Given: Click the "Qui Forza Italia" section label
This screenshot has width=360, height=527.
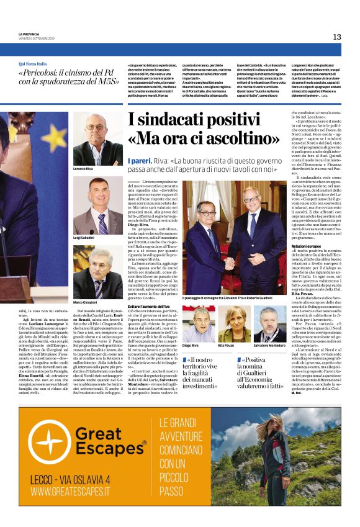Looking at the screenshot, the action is (33, 64).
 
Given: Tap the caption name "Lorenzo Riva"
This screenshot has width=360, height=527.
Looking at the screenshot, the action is (83, 169).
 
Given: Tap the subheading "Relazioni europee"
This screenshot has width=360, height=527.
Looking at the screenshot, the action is (308, 246).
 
